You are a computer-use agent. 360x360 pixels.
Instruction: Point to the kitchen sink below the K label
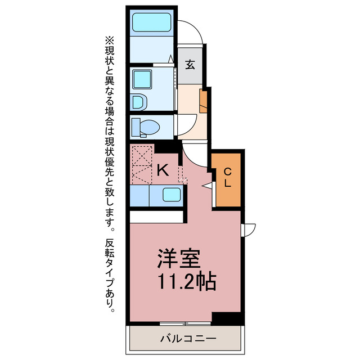(x=172, y=195)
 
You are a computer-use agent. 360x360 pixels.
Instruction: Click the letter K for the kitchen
(x=163, y=170)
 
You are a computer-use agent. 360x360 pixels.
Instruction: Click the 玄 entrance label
(x=190, y=64)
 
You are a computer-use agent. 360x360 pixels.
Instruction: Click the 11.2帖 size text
(x=186, y=281)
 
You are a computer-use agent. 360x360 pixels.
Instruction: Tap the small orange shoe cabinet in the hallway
(x=203, y=98)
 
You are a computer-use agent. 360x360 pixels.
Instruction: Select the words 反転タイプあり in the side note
(x=109, y=276)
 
